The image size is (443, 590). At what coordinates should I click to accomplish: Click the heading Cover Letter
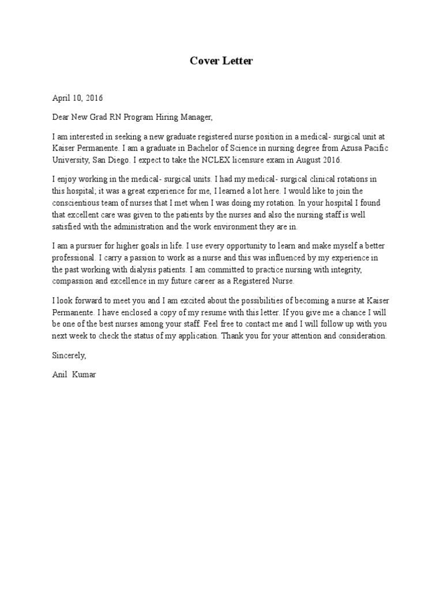[x=221, y=61]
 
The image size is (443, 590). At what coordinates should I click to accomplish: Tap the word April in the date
[x=61, y=98]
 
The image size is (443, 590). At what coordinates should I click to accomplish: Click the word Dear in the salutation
[x=61, y=118]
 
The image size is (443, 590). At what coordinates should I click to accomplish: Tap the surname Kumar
[x=84, y=375]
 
